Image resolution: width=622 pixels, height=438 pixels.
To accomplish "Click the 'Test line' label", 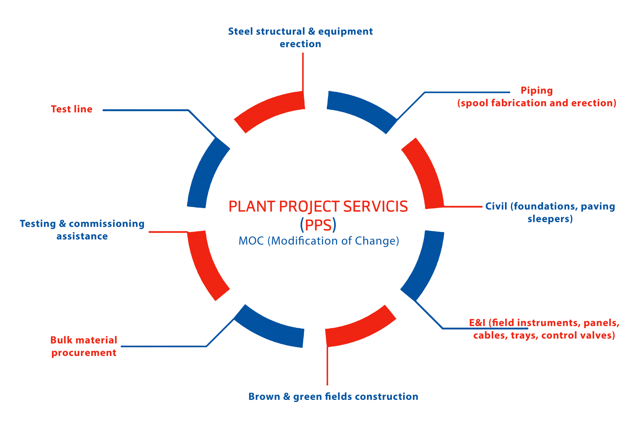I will tap(71, 109).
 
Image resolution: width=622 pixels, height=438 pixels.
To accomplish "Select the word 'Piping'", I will tap(537, 91).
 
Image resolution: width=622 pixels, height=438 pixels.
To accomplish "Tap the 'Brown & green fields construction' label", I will tap(333, 397).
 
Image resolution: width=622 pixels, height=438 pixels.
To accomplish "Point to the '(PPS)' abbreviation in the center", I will tap(318, 225).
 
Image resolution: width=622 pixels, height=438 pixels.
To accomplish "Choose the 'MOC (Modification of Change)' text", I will tap(318, 241).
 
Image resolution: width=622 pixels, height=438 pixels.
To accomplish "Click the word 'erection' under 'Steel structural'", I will tap(300, 44).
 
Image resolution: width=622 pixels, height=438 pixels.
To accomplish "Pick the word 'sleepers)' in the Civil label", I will tap(550, 219).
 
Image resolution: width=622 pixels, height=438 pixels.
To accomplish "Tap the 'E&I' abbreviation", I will tap(477, 323).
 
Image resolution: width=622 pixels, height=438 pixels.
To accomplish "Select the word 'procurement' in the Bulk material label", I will tap(84, 353).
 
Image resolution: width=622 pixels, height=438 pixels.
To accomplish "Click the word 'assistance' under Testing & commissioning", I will tap(82, 236).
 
